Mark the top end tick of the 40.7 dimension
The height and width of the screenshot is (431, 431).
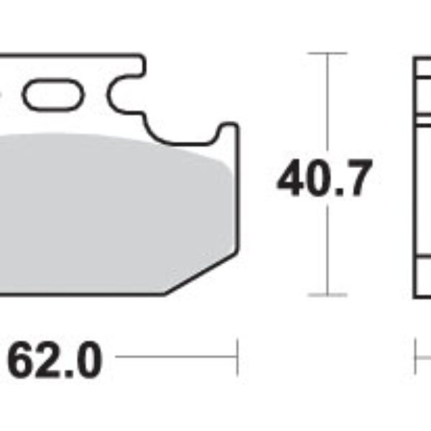pos(328,53)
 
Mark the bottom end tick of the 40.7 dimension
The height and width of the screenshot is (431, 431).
pos(328,295)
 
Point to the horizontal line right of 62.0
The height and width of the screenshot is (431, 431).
pos(176,355)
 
